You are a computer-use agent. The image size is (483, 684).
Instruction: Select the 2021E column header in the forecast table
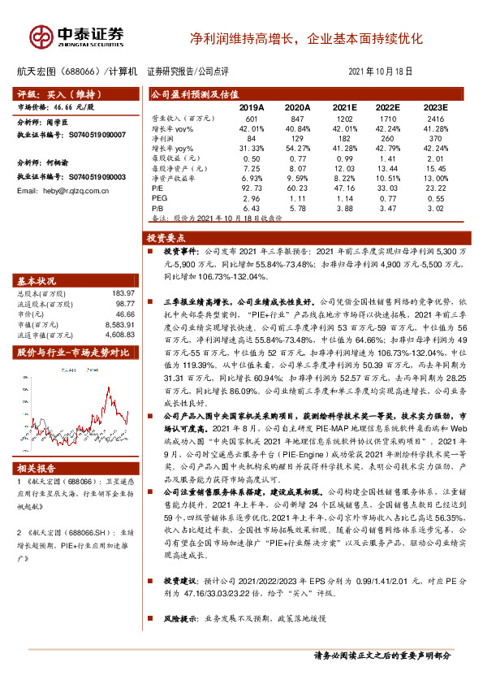pos(344,107)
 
